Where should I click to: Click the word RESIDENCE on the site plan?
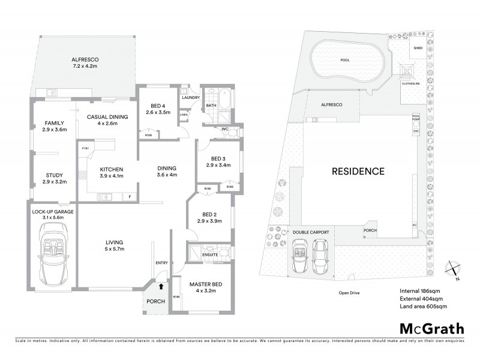[x=358, y=172]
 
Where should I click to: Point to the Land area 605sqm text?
[x=423, y=307]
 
